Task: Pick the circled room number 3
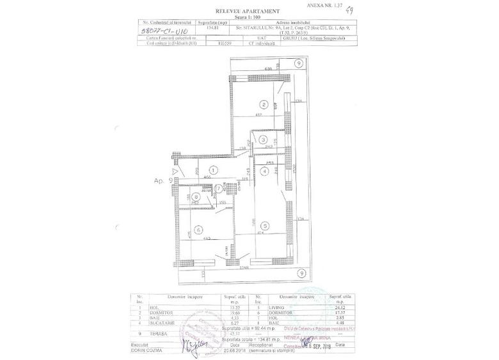click(262, 140)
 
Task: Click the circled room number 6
click(199, 230)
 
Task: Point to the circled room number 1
click(212, 169)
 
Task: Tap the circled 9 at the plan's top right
click(298, 63)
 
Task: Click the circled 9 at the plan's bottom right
click(299, 273)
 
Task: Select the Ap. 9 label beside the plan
click(163, 181)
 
